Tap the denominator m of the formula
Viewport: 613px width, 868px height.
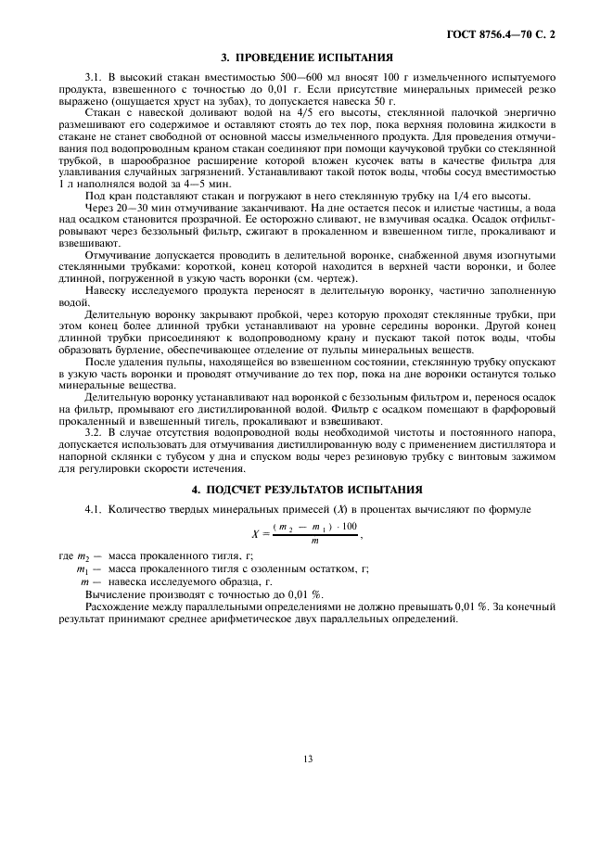(313, 541)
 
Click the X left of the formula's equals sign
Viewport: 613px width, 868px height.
(254, 533)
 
